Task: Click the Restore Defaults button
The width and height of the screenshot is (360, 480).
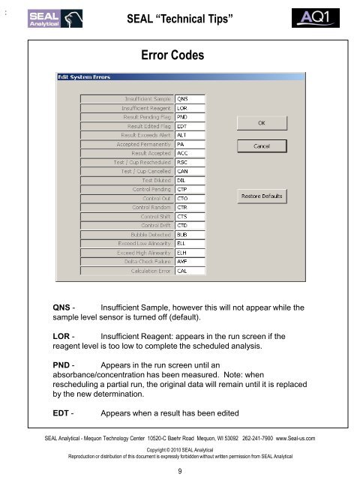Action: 261,196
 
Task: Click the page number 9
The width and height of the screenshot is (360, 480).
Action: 180,471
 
